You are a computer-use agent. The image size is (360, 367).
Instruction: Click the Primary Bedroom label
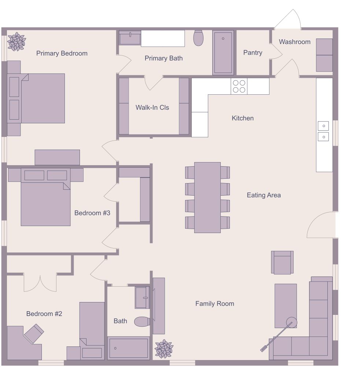click(x=62, y=53)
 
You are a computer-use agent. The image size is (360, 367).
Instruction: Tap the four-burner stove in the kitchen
click(x=239, y=86)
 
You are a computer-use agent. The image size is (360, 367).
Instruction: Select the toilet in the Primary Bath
click(x=198, y=38)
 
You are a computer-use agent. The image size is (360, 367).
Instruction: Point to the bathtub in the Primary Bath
click(x=223, y=52)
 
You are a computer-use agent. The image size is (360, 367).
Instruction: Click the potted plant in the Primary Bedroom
click(x=16, y=41)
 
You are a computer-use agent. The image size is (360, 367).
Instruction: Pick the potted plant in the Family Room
click(x=164, y=349)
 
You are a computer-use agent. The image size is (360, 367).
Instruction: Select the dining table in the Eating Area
click(x=207, y=197)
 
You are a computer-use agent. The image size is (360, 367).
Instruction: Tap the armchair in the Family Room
click(x=282, y=262)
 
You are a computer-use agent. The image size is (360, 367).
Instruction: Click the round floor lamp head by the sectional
click(x=291, y=322)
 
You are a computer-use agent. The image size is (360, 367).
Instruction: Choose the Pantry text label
click(x=253, y=52)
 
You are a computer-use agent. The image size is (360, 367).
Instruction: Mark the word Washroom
click(x=294, y=41)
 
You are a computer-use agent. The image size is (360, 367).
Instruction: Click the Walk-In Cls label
click(x=152, y=108)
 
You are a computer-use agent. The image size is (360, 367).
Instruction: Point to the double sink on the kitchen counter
click(x=323, y=131)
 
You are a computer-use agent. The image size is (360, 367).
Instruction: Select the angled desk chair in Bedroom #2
click(x=34, y=333)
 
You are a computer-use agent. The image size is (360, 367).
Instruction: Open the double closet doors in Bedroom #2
click(x=40, y=283)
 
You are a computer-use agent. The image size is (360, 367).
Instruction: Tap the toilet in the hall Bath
click(x=142, y=322)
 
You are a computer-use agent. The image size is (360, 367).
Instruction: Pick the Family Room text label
click(x=214, y=304)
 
